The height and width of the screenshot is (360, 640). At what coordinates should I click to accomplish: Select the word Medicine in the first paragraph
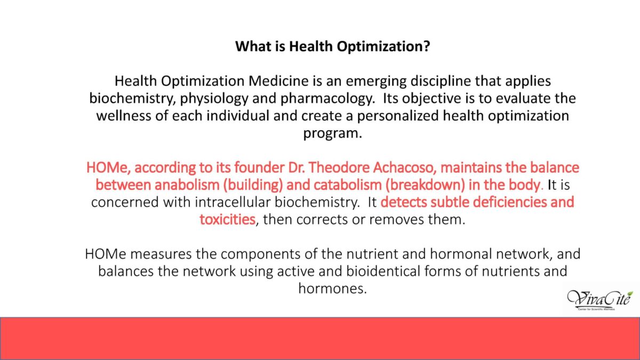[278, 81]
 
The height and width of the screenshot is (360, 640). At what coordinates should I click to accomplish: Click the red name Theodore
[339, 167]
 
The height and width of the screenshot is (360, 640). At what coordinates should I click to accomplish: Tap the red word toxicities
[227, 220]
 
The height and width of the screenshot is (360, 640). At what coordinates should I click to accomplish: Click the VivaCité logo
[600, 300]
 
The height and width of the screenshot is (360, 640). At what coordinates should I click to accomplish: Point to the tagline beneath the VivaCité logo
[596, 309]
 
